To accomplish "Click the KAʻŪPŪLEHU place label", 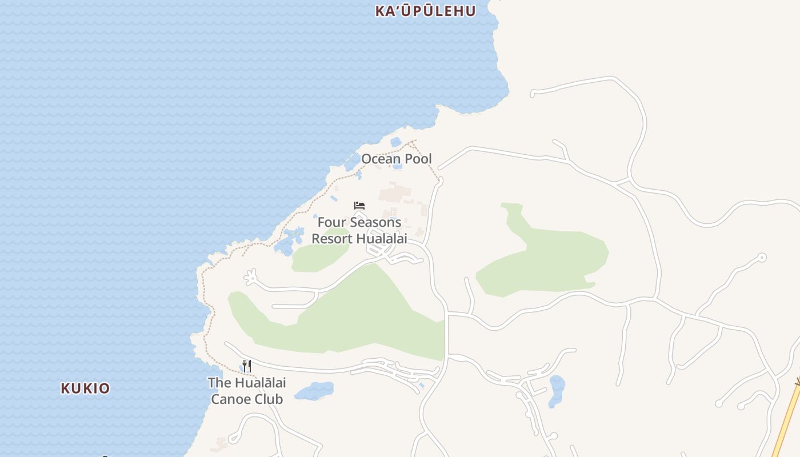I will (x=425, y=11).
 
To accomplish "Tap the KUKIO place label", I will (x=85, y=388).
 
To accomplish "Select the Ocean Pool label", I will (x=397, y=159).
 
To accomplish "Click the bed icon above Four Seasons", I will (x=359, y=206).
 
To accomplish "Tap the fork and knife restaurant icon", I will (x=247, y=366).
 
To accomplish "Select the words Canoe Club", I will (x=247, y=399).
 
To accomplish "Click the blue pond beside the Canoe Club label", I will (x=314, y=391).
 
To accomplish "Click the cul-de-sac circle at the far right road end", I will (x=762, y=258).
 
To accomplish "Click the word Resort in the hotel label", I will (x=331, y=239).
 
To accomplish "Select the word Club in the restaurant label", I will (x=269, y=399).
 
